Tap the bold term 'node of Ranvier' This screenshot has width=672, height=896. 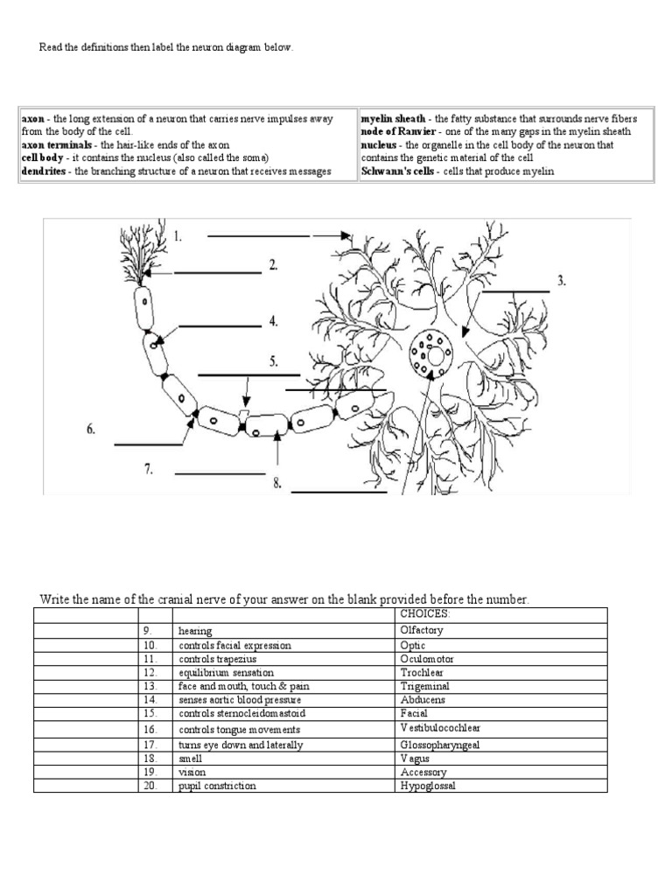tap(396, 131)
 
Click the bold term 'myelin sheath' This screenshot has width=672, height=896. tap(394, 118)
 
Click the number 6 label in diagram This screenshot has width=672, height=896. tap(91, 429)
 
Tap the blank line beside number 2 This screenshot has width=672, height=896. tap(217, 273)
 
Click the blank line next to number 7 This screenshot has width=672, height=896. tap(219, 474)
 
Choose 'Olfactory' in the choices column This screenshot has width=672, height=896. tap(421, 630)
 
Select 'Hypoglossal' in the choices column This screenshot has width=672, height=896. tap(427, 786)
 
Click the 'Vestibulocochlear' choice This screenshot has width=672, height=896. tap(440, 728)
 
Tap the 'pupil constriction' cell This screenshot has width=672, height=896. tap(217, 786)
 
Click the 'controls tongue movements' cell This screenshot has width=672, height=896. tap(239, 729)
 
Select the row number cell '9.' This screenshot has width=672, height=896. tap(148, 630)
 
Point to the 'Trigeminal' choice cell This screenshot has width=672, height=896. tap(423, 686)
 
